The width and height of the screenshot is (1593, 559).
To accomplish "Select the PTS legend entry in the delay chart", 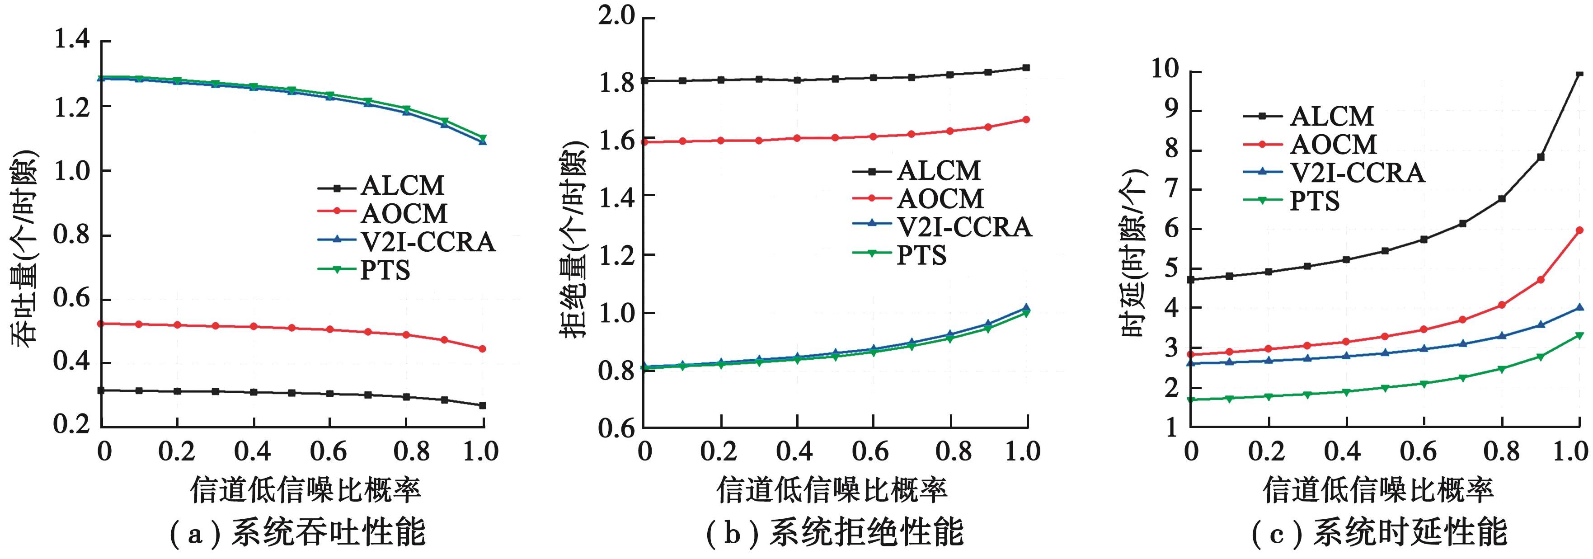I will [1314, 201].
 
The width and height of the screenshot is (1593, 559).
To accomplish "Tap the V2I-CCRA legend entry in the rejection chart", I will [963, 227].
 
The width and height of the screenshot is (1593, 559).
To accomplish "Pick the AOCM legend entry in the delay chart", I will [1333, 145].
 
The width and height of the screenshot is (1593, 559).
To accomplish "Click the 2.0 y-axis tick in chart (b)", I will [616, 16].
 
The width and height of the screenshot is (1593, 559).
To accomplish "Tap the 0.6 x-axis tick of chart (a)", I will [329, 451].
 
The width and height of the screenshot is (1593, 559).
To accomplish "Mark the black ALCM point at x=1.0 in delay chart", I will [1579, 74].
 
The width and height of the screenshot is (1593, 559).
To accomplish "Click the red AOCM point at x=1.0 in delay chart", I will [1579, 230].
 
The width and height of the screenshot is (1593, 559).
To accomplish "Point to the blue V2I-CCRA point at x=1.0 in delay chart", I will [1579, 307].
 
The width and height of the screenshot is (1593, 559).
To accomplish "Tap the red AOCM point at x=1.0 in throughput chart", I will [482, 349].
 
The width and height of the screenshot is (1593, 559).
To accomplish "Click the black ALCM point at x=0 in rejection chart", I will [644, 80].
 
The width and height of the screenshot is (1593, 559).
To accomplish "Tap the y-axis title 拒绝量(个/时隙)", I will [573, 241].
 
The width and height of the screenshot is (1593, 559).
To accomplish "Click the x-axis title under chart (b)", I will [832, 490].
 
